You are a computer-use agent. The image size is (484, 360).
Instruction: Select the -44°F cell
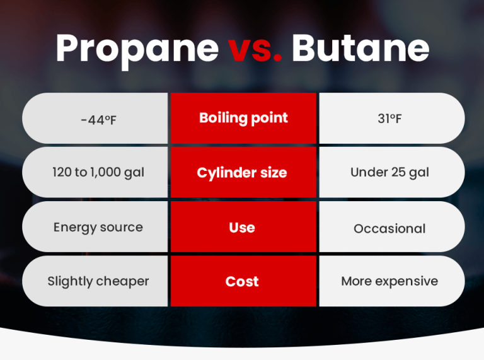tap(98, 119)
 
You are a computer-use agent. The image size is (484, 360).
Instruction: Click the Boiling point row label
tap(243, 118)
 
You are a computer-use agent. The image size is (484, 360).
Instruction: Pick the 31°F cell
tap(389, 119)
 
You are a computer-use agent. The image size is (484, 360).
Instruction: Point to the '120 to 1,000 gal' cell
tap(98, 173)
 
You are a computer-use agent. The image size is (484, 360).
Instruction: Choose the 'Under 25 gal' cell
tap(389, 173)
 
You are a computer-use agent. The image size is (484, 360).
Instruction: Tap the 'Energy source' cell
tap(98, 228)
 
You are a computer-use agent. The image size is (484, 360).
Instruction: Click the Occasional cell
tap(389, 228)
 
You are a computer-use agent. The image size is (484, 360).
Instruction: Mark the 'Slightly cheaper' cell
tap(98, 282)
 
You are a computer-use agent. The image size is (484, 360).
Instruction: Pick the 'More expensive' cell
tap(389, 282)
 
